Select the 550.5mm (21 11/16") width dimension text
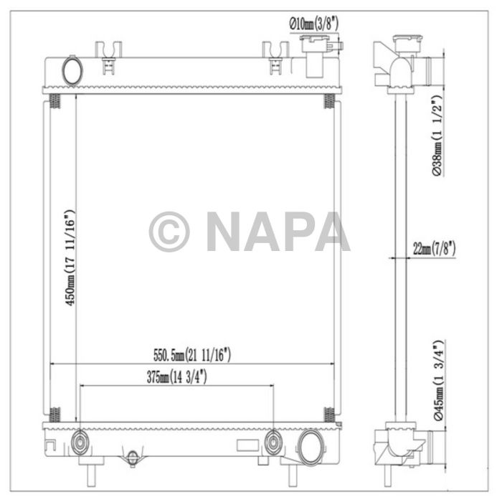click(x=192, y=354)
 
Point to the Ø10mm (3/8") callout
click(x=313, y=24)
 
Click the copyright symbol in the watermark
click(x=169, y=232)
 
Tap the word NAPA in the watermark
click(x=278, y=232)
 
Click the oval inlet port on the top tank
click(x=72, y=70)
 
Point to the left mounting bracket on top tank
click(x=108, y=57)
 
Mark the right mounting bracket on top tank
click(x=275, y=57)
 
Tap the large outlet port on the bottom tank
click(x=311, y=445)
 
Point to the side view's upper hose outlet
click(x=429, y=71)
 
